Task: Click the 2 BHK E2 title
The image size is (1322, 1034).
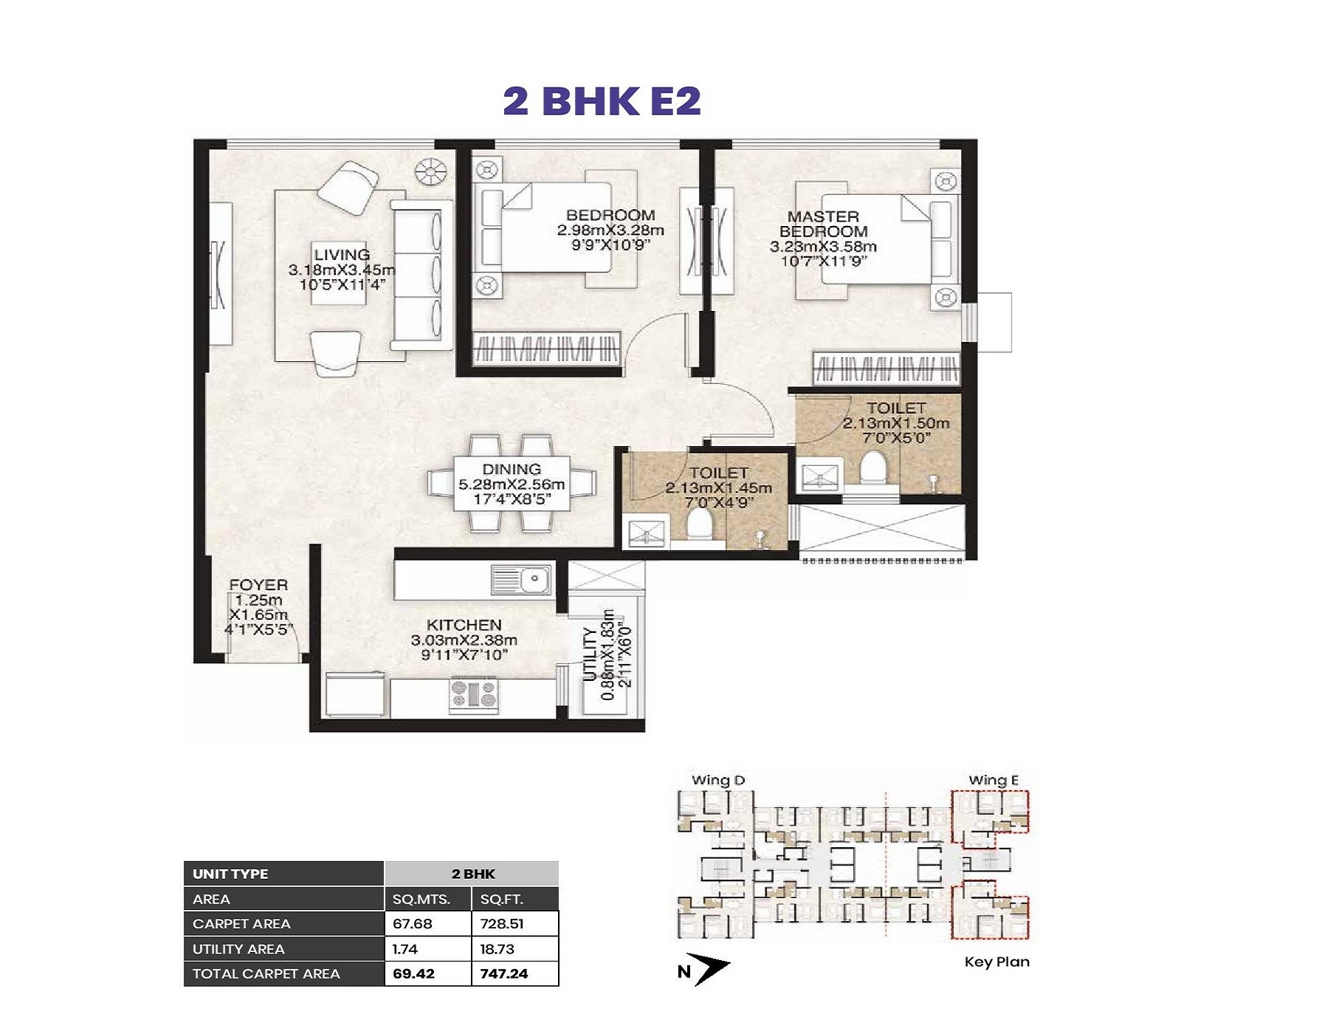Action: pyautogui.click(x=602, y=100)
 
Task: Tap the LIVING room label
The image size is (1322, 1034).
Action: pyautogui.click(x=342, y=256)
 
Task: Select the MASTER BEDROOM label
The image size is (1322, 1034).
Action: pyautogui.click(x=823, y=224)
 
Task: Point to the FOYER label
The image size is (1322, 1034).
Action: pyautogui.click(x=258, y=585)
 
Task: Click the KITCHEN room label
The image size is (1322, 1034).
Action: pyautogui.click(x=464, y=625)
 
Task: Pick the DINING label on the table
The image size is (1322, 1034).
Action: pyautogui.click(x=512, y=469)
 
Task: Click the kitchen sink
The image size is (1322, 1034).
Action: pyautogui.click(x=521, y=579)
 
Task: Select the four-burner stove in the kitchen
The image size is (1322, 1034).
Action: pyautogui.click(x=473, y=695)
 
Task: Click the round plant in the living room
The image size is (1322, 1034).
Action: pyautogui.click(x=430, y=173)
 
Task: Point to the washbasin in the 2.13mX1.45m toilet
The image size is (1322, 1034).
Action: pyautogui.click(x=647, y=533)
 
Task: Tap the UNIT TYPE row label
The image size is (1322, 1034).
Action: pyautogui.click(x=230, y=874)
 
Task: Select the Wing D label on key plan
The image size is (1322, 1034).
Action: pyautogui.click(x=718, y=781)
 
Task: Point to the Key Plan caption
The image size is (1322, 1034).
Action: pyautogui.click(x=996, y=962)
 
